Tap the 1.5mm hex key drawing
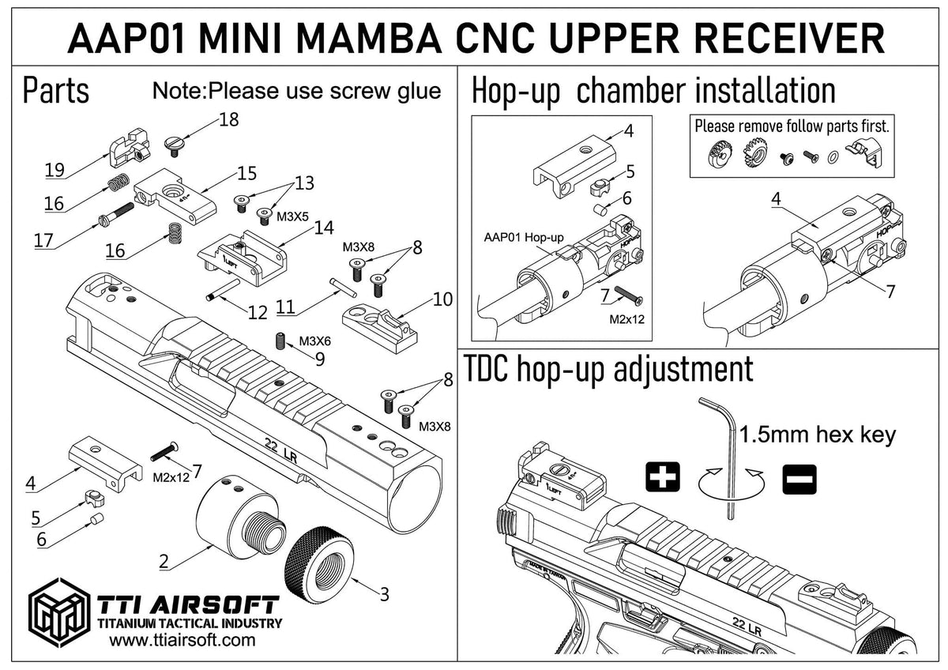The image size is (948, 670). (x=726, y=458)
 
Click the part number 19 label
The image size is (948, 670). (x=55, y=169)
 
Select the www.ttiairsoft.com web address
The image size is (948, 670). (x=182, y=640)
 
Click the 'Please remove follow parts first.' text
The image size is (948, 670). (x=792, y=126)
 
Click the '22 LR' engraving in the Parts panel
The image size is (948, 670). (x=283, y=448)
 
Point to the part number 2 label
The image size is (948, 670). (x=164, y=562)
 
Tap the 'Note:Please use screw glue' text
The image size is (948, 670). (x=296, y=91)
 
